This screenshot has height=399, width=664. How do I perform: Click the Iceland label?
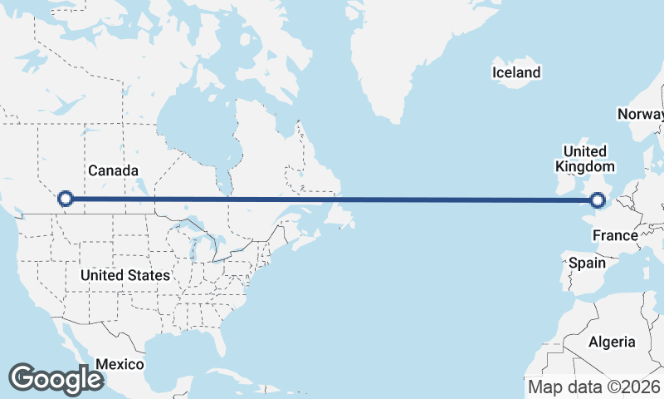point(516,72)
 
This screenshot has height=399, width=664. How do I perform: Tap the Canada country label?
point(113,170)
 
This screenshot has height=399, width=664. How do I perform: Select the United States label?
point(125,274)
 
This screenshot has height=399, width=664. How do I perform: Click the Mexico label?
point(120,364)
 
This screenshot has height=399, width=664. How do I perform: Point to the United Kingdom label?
point(584,159)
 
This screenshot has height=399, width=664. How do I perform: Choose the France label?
point(615,236)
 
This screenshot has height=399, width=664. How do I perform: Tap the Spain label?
point(587,263)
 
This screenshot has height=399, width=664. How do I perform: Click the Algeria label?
point(612,342)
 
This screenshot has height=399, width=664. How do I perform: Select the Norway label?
point(641,114)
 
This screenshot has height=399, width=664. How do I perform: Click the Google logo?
point(56,379)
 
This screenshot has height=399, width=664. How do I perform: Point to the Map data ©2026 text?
point(593,387)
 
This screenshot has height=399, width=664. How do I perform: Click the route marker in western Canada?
point(66,199)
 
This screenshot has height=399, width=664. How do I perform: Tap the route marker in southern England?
point(598,199)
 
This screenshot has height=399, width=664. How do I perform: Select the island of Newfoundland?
point(341,213)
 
